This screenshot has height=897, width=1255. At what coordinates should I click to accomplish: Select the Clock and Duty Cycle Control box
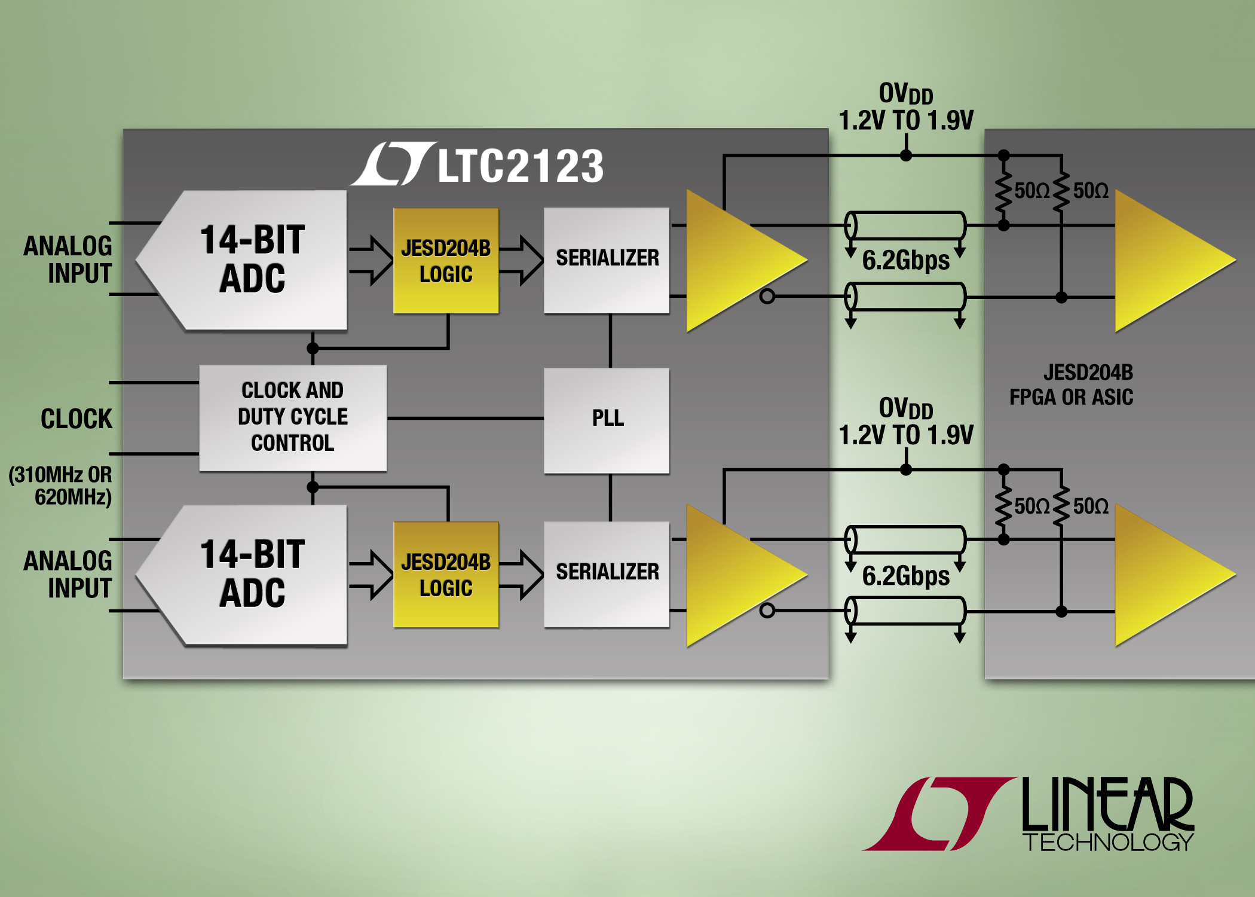click(x=293, y=417)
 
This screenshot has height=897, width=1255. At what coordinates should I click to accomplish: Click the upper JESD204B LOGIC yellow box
click(x=446, y=261)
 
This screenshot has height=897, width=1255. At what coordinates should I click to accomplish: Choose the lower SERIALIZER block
click(x=607, y=573)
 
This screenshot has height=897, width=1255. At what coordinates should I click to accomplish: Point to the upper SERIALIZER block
click(x=607, y=259)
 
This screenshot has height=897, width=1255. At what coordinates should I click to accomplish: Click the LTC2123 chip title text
click(x=520, y=166)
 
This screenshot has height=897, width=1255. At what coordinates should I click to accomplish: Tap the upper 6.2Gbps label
click(x=905, y=261)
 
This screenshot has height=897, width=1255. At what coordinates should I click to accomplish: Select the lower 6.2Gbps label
click(x=905, y=576)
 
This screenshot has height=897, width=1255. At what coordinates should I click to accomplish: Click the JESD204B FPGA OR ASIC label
click(x=1071, y=385)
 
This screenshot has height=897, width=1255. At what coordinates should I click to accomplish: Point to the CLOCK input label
click(x=76, y=419)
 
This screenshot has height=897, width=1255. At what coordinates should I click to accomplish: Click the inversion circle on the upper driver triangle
click(x=767, y=296)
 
